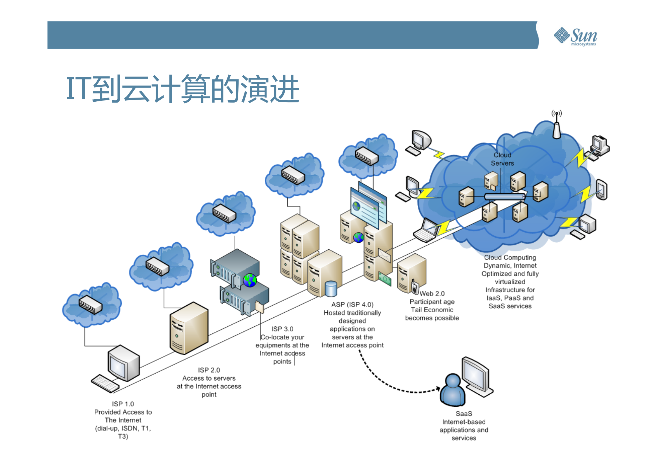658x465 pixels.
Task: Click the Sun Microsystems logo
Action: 575,36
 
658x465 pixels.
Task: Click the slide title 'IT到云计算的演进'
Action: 182,89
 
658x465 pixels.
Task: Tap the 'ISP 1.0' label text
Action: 123,404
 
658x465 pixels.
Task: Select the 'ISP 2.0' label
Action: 209,370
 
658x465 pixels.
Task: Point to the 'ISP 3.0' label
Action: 282,329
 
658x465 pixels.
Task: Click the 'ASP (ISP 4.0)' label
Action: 352,304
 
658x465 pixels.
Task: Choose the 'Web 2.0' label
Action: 432,293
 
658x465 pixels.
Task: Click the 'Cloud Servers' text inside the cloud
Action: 502,159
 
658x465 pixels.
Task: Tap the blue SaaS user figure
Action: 453,390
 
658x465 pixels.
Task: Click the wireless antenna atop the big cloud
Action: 557,126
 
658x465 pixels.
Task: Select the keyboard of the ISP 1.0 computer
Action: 105,383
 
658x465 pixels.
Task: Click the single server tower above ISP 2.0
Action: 189,328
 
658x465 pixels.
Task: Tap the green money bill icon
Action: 385,279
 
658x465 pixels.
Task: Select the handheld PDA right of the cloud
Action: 602,190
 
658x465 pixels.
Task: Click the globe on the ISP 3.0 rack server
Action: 250,280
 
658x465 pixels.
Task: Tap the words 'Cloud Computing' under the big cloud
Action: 510,257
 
